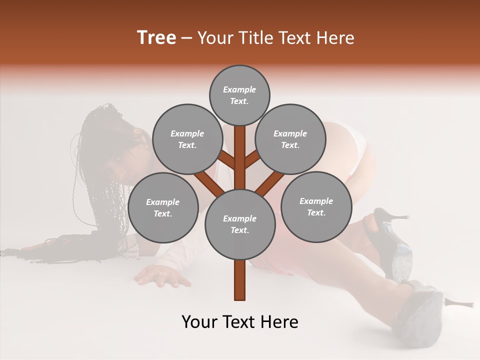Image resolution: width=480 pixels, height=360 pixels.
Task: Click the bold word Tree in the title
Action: (x=156, y=37)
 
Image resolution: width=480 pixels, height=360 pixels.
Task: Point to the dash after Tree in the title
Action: (x=186, y=38)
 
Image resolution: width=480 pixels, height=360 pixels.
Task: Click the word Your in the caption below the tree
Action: (x=200, y=322)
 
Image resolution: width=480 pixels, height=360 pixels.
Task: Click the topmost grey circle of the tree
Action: (x=239, y=95)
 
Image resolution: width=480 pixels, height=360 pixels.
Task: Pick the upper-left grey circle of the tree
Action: (x=187, y=139)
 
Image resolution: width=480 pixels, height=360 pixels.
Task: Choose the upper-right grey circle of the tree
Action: (x=290, y=139)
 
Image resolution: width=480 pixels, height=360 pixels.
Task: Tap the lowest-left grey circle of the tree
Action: (x=163, y=207)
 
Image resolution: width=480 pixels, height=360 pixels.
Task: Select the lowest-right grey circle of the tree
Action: (x=316, y=206)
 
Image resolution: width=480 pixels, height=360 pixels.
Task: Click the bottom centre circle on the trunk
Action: (x=240, y=224)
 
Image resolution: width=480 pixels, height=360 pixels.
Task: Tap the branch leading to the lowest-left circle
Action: (x=207, y=183)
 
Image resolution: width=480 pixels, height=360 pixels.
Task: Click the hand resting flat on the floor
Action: (x=160, y=275)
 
